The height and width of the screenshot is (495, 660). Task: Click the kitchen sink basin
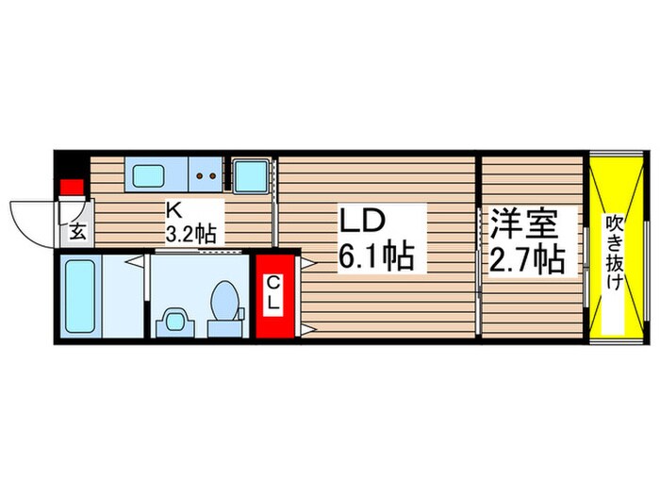(x=148, y=175)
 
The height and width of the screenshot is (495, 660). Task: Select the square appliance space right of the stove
(x=251, y=175)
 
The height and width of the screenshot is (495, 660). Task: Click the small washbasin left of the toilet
(x=173, y=321)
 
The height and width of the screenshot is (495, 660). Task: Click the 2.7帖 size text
(x=525, y=258)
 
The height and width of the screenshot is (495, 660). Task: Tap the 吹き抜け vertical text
(x=614, y=251)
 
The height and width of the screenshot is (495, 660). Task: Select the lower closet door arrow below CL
(x=307, y=329)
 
